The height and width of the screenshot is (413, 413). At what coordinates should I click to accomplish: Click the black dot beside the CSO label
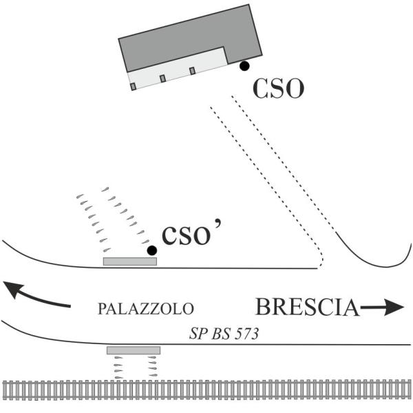coord(244,66)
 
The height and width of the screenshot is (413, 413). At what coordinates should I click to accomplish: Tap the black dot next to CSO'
coord(152,251)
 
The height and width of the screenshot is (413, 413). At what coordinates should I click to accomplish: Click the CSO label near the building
coord(278,88)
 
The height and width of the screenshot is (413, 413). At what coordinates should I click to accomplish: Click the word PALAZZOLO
coord(146,308)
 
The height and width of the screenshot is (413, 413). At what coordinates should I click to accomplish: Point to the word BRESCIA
coord(308,307)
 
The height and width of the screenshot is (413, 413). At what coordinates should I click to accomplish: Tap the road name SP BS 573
coord(224,334)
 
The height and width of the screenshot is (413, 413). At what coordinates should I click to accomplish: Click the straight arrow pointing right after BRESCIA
coord(382,307)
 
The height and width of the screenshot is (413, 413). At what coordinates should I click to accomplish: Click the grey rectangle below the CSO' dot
coord(130,262)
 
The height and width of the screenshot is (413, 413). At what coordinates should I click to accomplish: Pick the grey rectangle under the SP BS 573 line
coord(134,350)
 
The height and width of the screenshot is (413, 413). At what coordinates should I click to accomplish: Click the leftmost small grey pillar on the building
coord(134,87)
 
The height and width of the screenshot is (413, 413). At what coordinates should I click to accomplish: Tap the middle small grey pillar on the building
coord(162,78)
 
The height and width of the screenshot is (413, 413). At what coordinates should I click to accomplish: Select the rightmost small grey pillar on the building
coord(193,71)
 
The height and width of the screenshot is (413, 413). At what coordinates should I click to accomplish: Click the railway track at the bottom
coord(206,390)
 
